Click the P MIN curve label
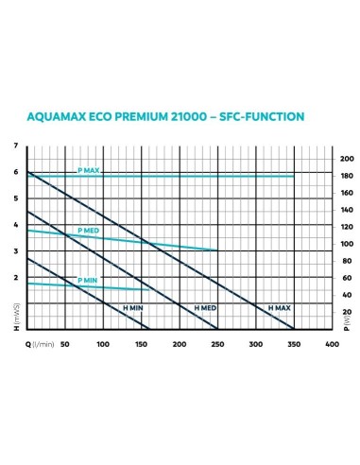pos(88,281)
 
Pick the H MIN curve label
pos(132,309)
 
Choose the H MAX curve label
pos(279,309)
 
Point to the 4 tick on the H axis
pos(15,225)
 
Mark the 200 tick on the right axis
pos(347,159)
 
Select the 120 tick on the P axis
pos(347,227)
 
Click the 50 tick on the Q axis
pos(65,344)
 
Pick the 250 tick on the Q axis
pos(217,344)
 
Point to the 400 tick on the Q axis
pos(331,344)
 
